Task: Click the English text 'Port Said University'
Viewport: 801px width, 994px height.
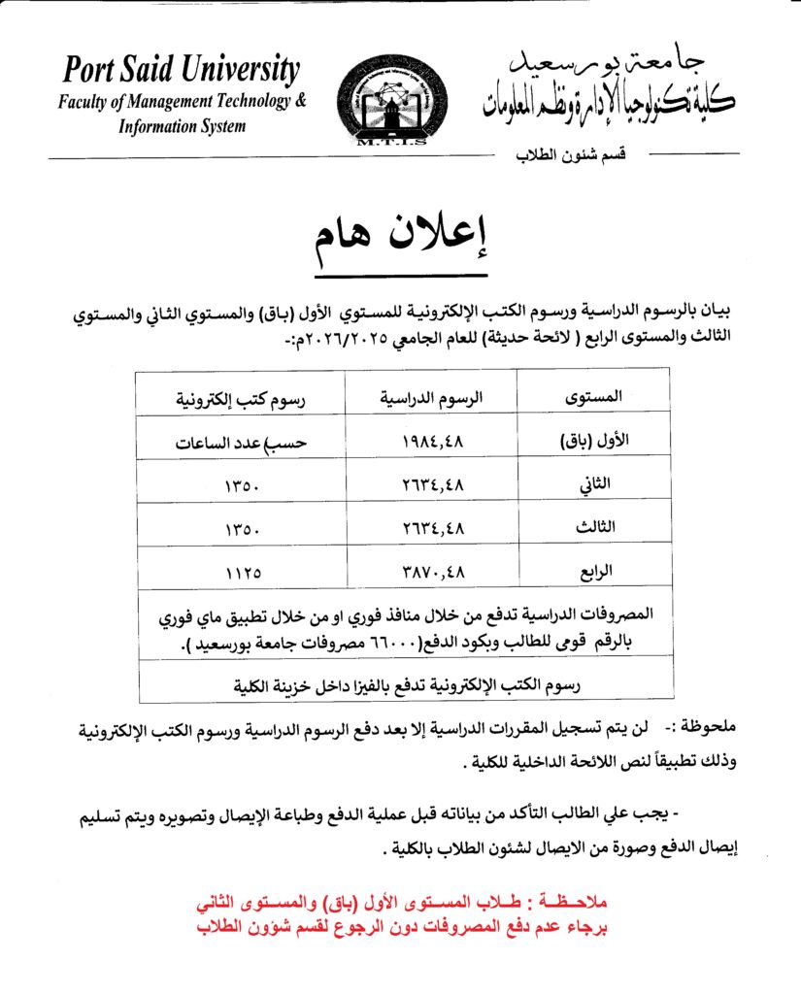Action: click(x=182, y=71)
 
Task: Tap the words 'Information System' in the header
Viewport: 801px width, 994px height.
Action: click(x=182, y=126)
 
